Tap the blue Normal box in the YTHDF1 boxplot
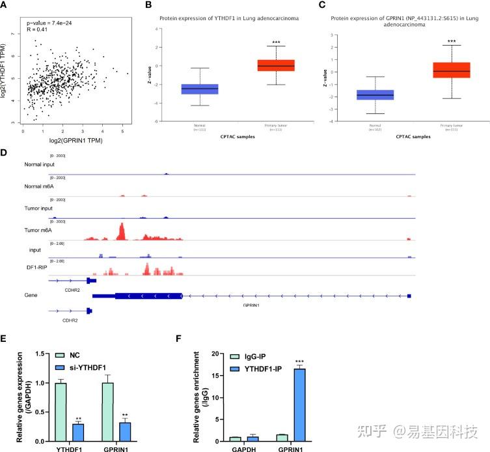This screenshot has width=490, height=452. (x=200, y=89)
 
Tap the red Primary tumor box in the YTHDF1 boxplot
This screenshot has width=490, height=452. (x=276, y=65)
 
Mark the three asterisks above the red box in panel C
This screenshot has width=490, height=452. (x=452, y=42)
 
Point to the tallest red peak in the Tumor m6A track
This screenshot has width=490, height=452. (x=121, y=229)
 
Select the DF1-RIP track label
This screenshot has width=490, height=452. (x=31, y=268)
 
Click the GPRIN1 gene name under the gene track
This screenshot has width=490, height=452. (x=252, y=304)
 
